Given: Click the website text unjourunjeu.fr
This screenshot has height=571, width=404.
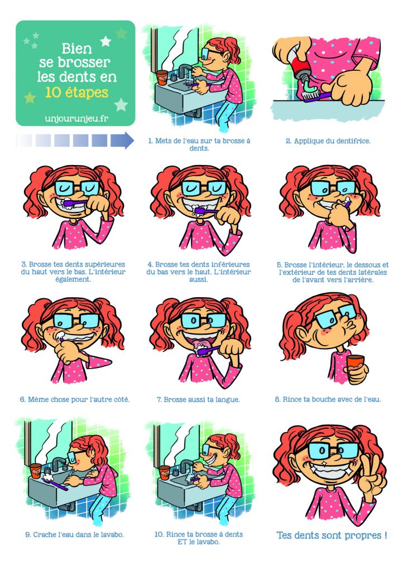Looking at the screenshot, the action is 76,118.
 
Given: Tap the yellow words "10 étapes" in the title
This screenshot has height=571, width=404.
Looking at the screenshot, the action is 77,93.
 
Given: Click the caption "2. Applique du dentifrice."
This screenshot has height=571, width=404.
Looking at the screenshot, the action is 328,141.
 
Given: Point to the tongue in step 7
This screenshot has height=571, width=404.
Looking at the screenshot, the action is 200,345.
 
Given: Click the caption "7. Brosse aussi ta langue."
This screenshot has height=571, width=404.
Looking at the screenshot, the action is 198,399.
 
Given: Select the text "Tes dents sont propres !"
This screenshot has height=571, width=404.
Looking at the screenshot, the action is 331,535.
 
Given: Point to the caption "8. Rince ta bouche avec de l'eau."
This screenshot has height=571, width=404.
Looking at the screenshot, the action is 328,399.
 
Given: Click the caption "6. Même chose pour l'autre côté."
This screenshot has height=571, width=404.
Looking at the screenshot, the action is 75,399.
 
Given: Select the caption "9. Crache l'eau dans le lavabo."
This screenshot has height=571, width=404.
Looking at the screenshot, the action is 74,535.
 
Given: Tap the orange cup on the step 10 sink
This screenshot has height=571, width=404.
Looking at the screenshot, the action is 164,472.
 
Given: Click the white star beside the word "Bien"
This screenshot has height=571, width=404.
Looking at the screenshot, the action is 105,41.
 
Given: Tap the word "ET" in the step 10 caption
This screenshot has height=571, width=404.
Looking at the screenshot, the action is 182,542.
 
